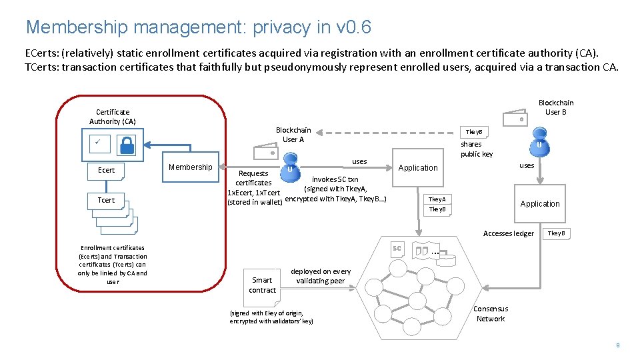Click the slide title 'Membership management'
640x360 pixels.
[198, 27]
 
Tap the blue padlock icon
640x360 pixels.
[127, 145]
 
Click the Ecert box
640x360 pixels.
[106, 171]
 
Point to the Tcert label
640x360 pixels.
[106, 200]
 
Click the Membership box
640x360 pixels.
[190, 167]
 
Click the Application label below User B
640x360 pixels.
[540, 204]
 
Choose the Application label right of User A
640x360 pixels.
[418, 168]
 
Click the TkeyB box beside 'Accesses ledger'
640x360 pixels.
[555, 233]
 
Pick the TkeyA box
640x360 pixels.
[437, 199]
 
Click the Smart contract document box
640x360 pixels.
[262, 285]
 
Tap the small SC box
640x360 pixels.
[397, 249]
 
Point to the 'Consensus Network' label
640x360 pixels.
[491, 313]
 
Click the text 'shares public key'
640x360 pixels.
[476, 149]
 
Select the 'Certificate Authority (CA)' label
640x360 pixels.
[113, 117]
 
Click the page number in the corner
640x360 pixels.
[618, 345]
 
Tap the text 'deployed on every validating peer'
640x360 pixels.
[321, 276]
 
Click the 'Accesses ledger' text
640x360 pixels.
[508, 233]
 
